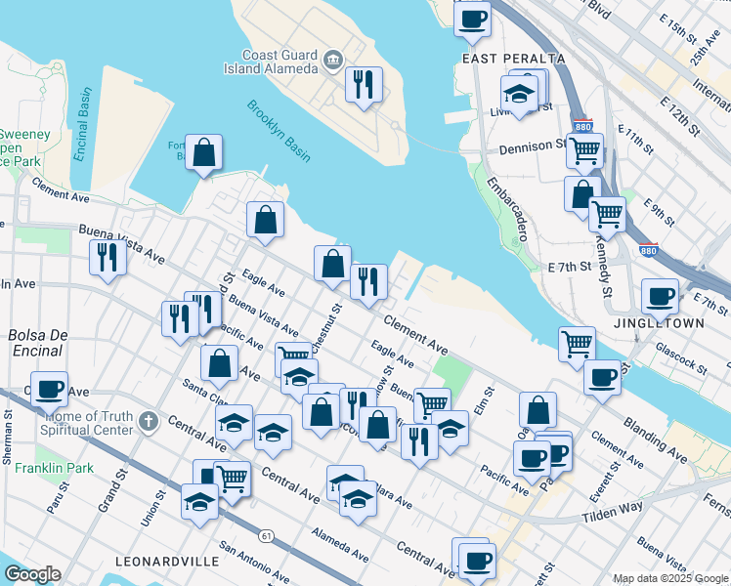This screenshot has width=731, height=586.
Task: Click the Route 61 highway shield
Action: coord(266,535)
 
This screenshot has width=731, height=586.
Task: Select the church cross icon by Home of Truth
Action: coord(148,422)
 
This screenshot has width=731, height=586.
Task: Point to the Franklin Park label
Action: coord(55,468)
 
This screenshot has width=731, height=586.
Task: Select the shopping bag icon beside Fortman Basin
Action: coord(204,152)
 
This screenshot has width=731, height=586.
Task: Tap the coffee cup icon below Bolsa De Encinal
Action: coord(49,389)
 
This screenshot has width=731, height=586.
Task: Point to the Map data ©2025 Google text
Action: coord(668,578)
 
